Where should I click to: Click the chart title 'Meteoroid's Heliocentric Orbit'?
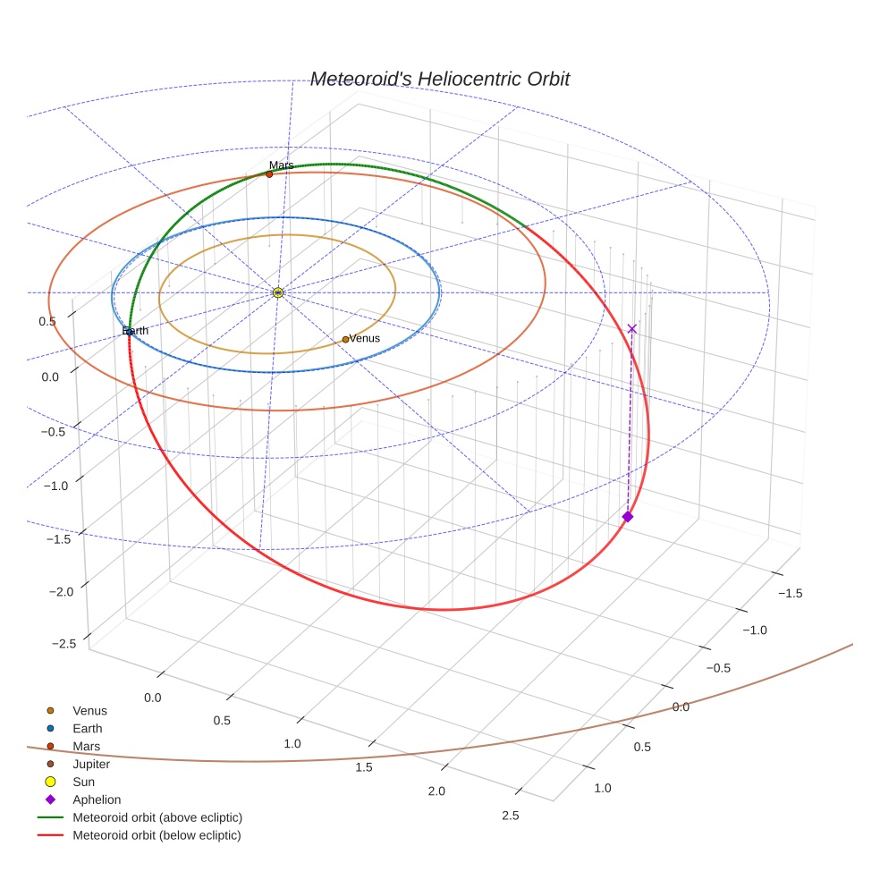[439, 80]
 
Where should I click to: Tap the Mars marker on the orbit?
[269, 174]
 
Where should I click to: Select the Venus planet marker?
[345, 340]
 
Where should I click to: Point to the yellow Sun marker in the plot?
[278, 292]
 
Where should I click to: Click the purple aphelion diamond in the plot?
[628, 517]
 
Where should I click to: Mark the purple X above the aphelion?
[632, 329]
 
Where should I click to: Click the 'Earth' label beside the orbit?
[136, 332]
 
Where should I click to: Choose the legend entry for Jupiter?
[91, 764]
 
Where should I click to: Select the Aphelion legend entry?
[96, 800]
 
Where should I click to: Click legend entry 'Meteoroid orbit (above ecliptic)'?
[157, 817]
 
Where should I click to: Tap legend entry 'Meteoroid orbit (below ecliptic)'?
[157, 835]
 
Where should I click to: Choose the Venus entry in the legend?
[89, 711]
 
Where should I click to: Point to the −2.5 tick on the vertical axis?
[63, 644]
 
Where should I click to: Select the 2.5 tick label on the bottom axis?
[511, 815]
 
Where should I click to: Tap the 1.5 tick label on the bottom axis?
[363, 767]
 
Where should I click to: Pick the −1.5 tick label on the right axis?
[790, 593]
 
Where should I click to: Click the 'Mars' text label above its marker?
[281, 165]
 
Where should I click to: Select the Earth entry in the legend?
[87, 729]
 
